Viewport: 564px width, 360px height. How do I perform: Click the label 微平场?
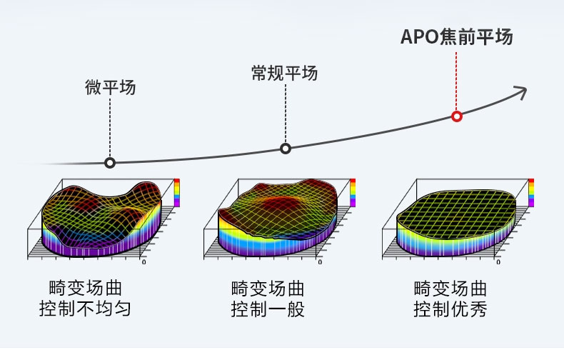[110, 88]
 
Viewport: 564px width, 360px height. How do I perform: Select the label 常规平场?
[284, 74]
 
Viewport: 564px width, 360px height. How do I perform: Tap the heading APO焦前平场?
[456, 37]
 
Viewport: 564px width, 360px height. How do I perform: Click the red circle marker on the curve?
[457, 116]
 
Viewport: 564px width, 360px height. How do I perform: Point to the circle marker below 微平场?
[110, 163]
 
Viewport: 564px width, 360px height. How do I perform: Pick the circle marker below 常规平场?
[286, 149]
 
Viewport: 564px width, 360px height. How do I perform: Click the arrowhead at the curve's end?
[521, 90]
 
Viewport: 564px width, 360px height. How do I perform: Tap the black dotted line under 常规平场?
[286, 114]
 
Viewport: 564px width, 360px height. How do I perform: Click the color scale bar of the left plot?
[177, 193]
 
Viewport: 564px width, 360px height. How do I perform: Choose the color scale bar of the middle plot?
[352, 193]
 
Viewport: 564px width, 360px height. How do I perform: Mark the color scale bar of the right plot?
[530, 193]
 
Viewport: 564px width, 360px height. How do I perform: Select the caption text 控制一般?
[268, 310]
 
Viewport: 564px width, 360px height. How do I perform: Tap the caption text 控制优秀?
[450, 310]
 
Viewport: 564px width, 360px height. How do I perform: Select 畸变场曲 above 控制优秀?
[450, 289]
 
